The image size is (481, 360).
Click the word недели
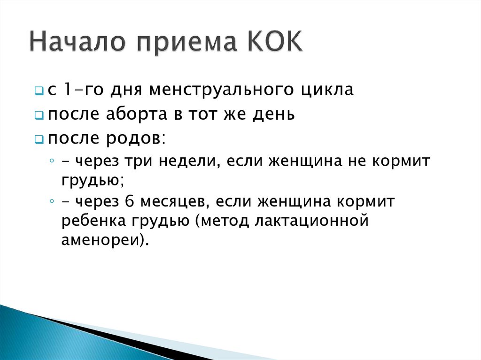187,161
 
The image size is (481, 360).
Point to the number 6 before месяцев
130,202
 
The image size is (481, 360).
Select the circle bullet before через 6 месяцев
51,201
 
